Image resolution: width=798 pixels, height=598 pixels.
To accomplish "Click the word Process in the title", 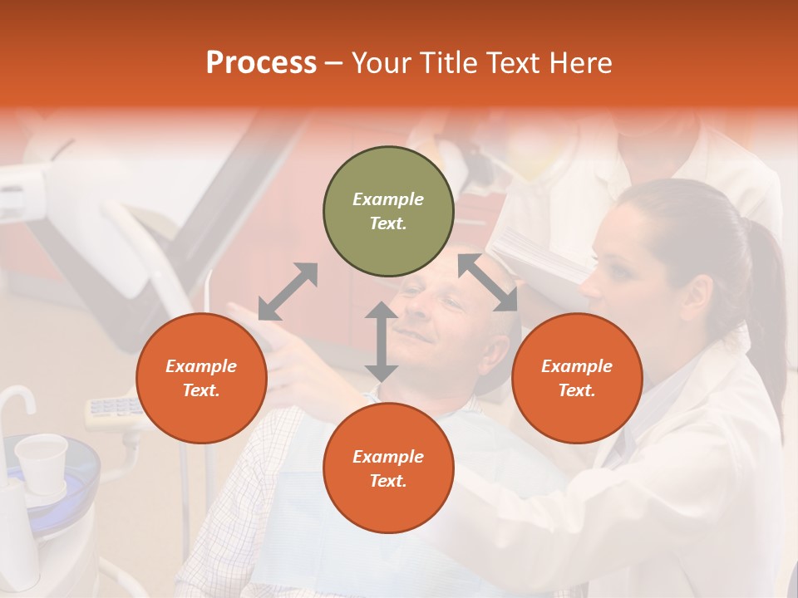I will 261,63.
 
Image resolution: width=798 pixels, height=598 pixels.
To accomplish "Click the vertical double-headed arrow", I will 382,341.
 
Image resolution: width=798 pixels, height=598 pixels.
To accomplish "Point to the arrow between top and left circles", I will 288,292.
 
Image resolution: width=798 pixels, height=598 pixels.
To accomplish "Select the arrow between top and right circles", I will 488,282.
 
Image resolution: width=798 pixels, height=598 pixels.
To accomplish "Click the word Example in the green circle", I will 388,199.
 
